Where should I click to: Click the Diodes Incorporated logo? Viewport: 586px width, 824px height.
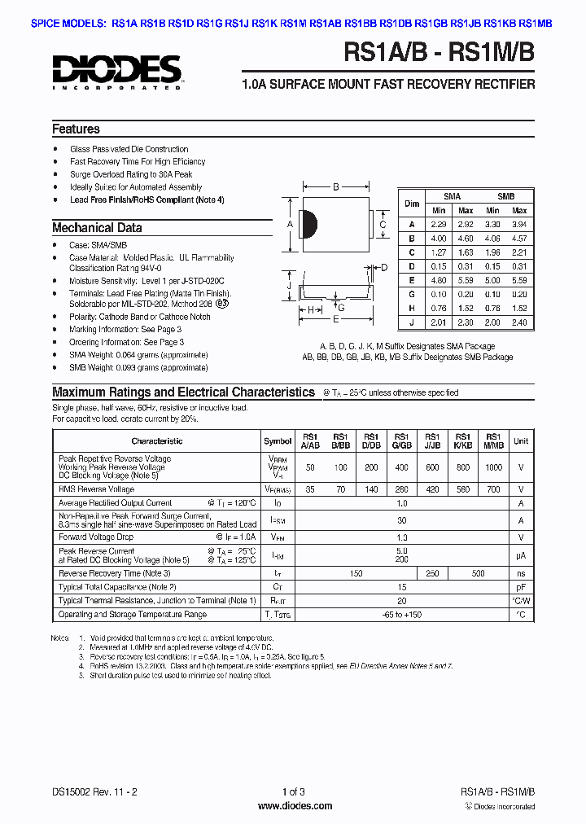tap(118, 71)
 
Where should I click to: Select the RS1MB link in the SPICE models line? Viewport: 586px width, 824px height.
tap(535, 24)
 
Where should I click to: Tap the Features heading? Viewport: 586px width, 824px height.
tap(76, 129)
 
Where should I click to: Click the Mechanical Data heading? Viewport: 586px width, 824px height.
tap(97, 228)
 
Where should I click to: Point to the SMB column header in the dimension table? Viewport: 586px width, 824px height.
tap(505, 197)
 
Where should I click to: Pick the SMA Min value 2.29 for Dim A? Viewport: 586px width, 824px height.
tap(439, 224)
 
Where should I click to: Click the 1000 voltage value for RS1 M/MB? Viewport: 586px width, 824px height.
tap(493, 467)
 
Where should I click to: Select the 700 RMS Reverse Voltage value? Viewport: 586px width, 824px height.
tap(493, 489)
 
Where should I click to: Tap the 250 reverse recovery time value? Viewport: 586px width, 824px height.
tap(432, 573)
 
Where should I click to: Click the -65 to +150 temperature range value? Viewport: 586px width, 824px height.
tap(401, 615)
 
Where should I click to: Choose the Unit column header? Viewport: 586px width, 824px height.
tap(521, 440)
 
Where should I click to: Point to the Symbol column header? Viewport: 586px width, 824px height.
tap(278, 440)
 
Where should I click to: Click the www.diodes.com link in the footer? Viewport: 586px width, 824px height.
tap(294, 806)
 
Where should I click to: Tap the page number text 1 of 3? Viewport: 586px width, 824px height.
tap(294, 792)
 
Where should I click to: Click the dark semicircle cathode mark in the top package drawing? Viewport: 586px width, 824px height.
tap(308, 226)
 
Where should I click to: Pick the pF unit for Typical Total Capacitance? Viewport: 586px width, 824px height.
tap(521, 587)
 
